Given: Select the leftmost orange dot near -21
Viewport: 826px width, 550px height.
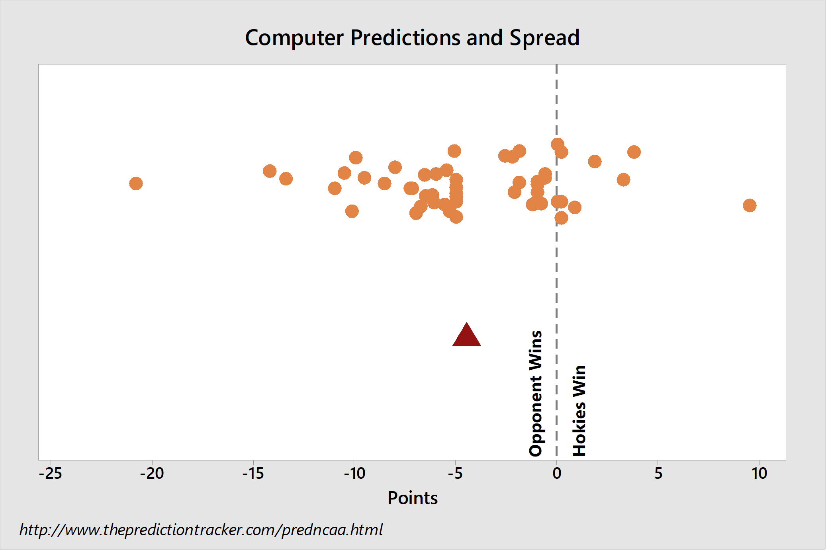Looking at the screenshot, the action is click(136, 183).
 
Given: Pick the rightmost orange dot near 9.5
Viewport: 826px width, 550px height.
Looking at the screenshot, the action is click(749, 205).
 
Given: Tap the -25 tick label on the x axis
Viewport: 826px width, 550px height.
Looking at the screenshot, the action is click(51, 474).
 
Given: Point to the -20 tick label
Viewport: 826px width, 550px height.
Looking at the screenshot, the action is click(152, 474).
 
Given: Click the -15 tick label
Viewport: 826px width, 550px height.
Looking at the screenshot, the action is click(253, 474).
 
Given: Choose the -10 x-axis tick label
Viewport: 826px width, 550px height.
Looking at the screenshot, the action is click(354, 474).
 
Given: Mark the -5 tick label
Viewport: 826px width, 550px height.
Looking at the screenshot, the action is click(456, 474).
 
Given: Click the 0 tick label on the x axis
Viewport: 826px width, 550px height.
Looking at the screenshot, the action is click(557, 474).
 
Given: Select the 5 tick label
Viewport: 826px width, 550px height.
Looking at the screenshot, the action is click(658, 474).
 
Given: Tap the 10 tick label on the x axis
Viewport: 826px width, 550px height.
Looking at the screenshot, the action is click(759, 474).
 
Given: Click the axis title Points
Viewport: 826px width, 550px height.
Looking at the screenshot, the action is click(413, 498).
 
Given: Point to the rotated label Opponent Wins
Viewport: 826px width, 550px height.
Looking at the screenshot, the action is click(536, 393).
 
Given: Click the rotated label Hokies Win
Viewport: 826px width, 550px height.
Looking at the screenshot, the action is click(579, 410).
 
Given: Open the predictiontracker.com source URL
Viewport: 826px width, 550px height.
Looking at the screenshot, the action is click(201, 530).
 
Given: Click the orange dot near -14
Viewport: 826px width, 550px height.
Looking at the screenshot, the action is click(270, 171).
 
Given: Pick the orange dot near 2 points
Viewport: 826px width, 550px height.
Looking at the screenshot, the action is click(595, 162).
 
